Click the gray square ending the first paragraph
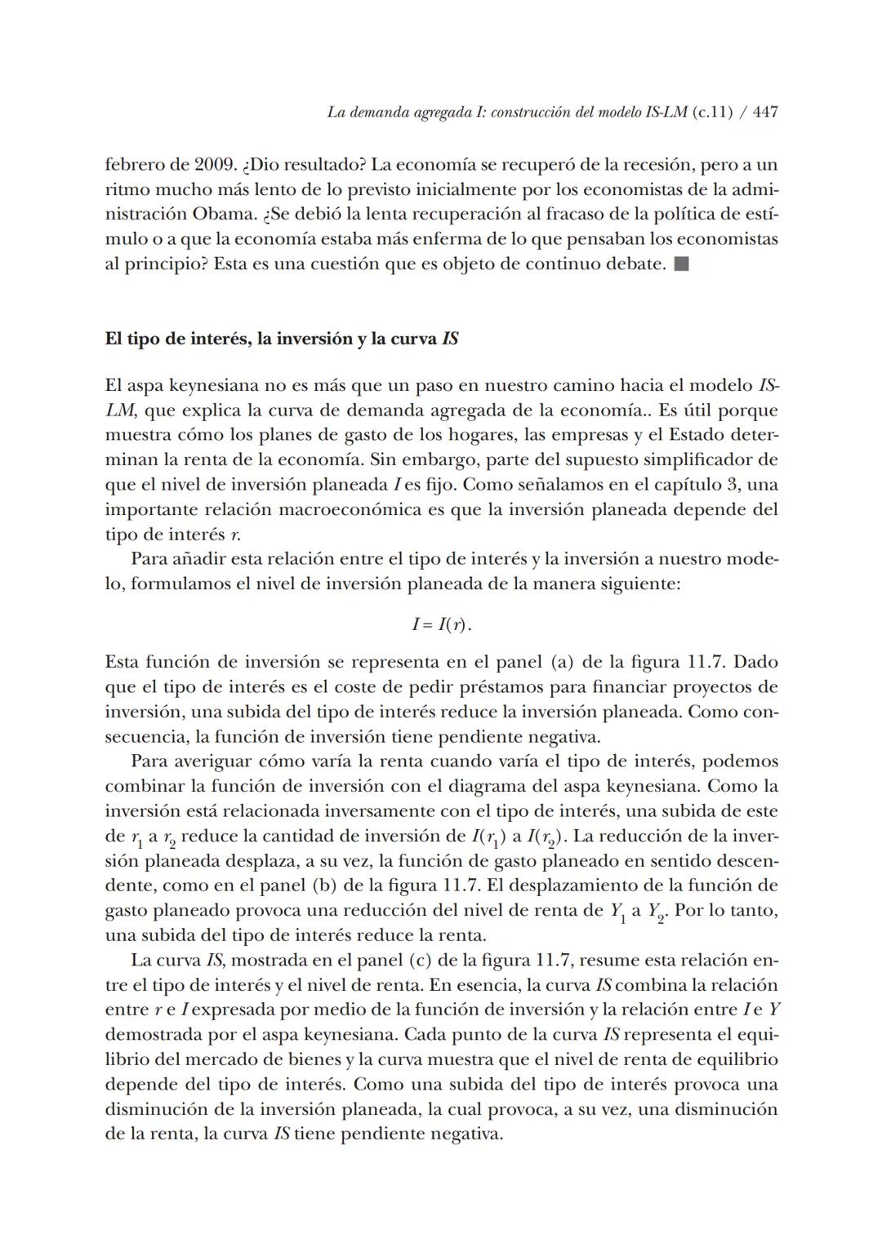pyautogui.click(x=683, y=264)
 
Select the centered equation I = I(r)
pyautogui.click(x=441, y=625)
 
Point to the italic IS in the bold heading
pyautogui.click(x=449, y=339)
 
